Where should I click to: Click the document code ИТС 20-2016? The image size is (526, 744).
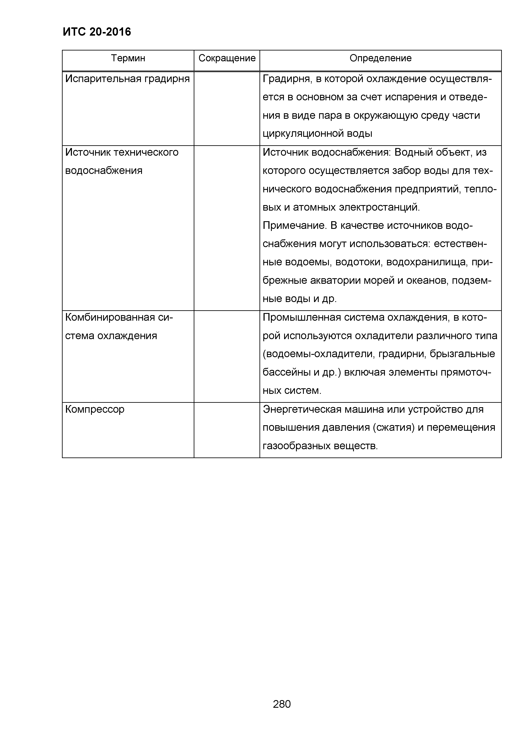click(97, 32)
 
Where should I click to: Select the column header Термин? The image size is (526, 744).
click(128, 58)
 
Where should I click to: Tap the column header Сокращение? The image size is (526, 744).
click(227, 58)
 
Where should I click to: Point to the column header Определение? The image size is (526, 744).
click(380, 58)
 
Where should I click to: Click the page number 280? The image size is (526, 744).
click(282, 704)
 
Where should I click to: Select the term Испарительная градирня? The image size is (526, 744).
click(127, 79)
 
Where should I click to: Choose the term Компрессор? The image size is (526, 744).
click(95, 409)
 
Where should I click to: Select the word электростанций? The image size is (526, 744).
click(379, 207)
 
